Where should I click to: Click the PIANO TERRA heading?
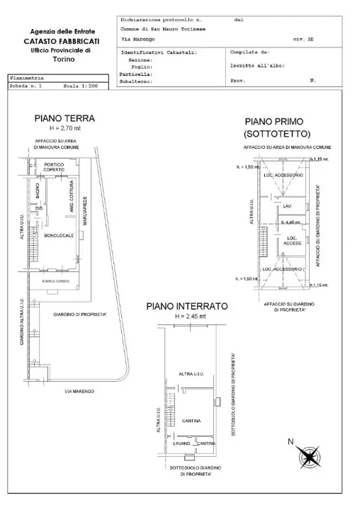click(64, 118)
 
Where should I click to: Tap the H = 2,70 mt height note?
click(64, 129)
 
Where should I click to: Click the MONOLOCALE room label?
click(58, 235)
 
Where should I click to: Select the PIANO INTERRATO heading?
click(186, 306)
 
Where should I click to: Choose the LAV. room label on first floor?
click(287, 206)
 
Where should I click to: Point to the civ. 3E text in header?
click(308, 41)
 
